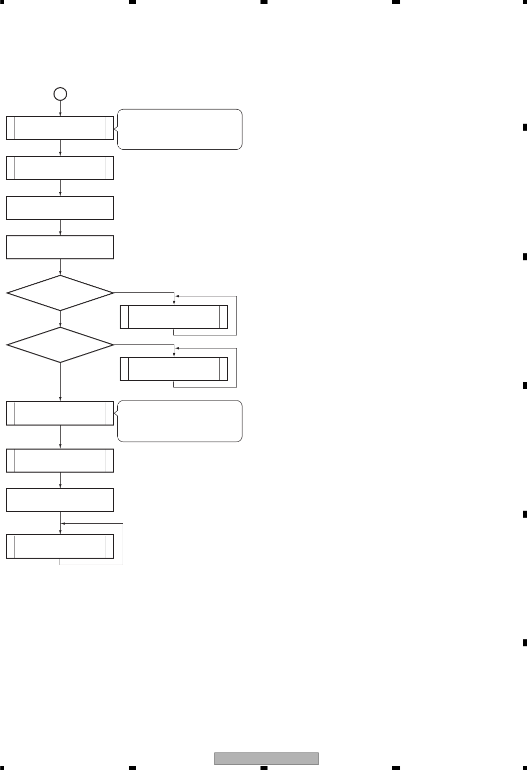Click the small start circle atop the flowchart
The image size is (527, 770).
pyautogui.click(x=60, y=94)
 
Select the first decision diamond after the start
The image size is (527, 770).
pyautogui.click(x=60, y=293)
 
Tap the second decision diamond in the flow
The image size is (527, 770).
pyautogui.click(x=60, y=345)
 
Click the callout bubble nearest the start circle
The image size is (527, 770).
pyautogui.click(x=180, y=129)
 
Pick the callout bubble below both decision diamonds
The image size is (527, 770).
pyautogui.click(x=180, y=421)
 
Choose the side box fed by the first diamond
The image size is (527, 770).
pyautogui.click(x=174, y=316)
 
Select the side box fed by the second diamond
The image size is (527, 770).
pyautogui.click(x=174, y=369)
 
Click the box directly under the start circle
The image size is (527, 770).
pyautogui.click(x=60, y=128)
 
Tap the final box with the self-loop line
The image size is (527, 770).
pyautogui.click(x=60, y=546)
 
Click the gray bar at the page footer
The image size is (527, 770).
pyautogui.click(x=267, y=758)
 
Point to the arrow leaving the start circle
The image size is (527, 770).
pyautogui.click(x=60, y=108)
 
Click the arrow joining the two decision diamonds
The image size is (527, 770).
pyautogui.click(x=60, y=319)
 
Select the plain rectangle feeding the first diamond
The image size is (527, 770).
pyautogui.click(x=60, y=247)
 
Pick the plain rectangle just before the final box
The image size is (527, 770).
pyautogui.click(x=60, y=500)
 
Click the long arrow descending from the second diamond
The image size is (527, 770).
pyautogui.click(x=60, y=381)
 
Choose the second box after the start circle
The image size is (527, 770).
pyautogui.click(x=60, y=168)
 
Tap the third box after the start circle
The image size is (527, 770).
pyautogui.click(x=60, y=208)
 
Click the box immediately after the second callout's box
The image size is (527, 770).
pyautogui.click(x=60, y=461)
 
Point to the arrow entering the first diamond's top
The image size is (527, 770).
pyautogui.click(x=60, y=267)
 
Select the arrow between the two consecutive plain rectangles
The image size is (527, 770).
pyautogui.click(x=60, y=227)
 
